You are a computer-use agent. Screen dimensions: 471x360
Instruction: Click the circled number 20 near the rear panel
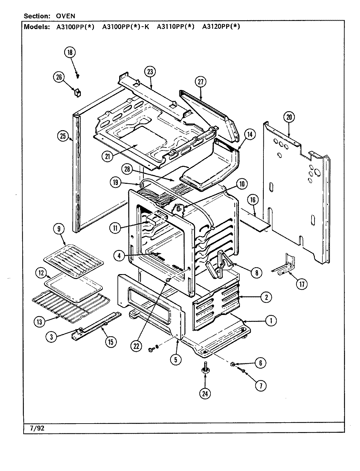point(289,117)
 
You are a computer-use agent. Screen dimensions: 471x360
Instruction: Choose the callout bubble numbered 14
point(250,134)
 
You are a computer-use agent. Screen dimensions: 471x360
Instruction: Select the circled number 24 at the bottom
point(205,394)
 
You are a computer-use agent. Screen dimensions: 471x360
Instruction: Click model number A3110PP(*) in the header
point(175,27)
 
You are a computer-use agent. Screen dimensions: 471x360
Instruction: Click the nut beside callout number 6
point(233,364)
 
